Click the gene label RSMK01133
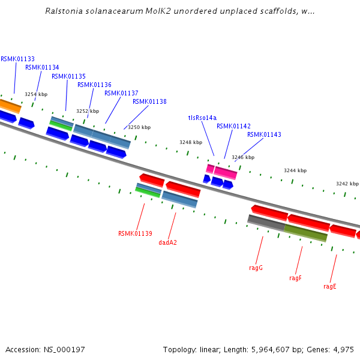(x=17, y=59)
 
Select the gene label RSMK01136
(x=94, y=85)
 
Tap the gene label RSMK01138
(x=149, y=101)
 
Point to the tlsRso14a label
(x=202, y=118)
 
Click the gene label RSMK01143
(x=264, y=134)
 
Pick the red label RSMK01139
(x=135, y=233)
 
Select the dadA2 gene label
(x=167, y=242)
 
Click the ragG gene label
(x=256, y=268)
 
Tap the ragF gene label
(x=295, y=278)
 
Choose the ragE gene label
(x=329, y=286)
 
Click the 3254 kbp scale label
(x=35, y=94)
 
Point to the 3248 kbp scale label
(x=190, y=142)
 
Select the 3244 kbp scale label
(x=295, y=170)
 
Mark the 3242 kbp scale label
(x=347, y=184)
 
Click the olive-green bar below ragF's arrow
(x=305, y=233)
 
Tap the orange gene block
(x=10, y=106)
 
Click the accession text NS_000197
(x=65, y=349)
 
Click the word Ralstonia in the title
(x=64, y=11)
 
